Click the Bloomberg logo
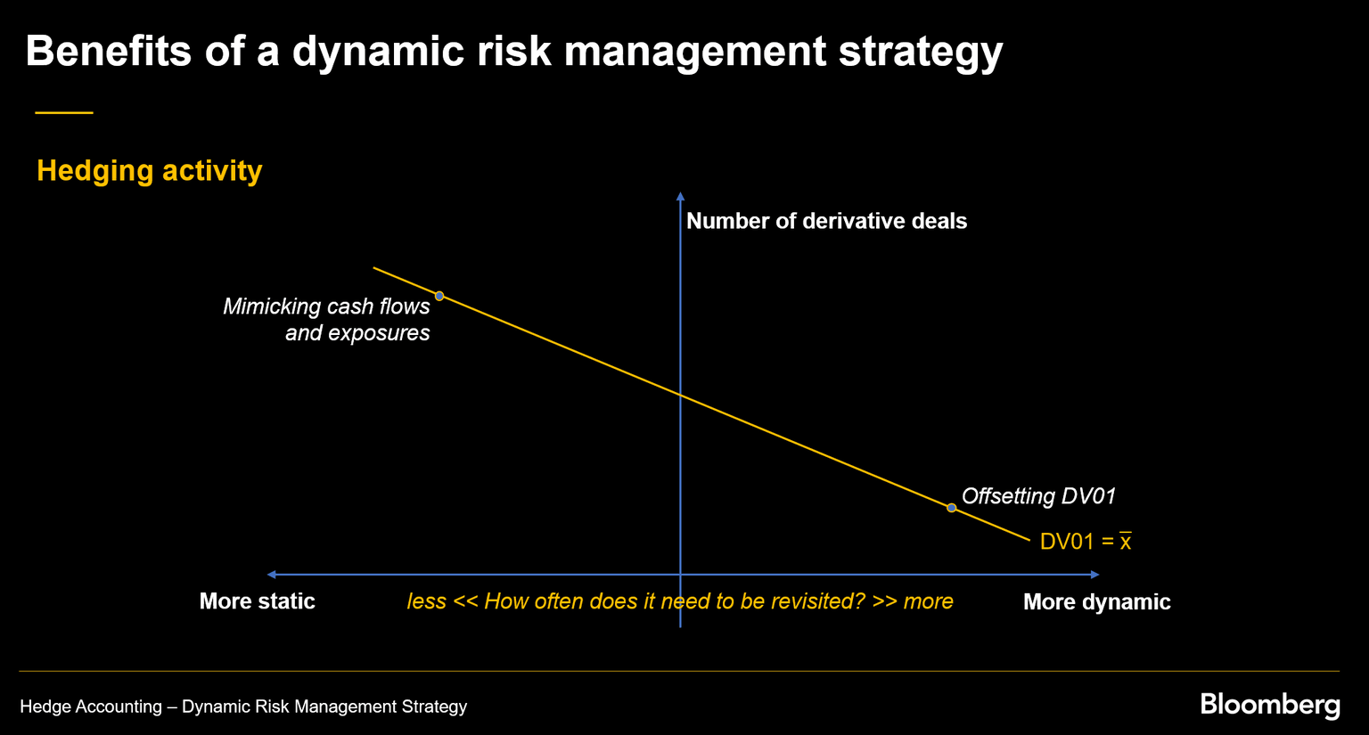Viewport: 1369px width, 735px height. [x=1269, y=705]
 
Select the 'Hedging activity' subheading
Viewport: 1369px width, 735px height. [x=150, y=170]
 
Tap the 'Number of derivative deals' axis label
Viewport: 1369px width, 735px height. [x=826, y=221]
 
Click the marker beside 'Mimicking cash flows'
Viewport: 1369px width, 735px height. [x=439, y=296]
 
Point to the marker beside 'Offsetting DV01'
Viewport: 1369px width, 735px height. [x=952, y=508]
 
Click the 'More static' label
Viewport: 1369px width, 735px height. [x=257, y=601]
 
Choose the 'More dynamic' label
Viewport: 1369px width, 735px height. [x=1096, y=602]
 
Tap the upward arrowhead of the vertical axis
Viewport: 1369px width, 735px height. [x=680, y=196]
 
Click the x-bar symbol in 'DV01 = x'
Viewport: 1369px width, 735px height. [x=1126, y=542]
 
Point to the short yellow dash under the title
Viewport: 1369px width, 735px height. [x=64, y=113]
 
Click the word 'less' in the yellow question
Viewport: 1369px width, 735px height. [x=426, y=601]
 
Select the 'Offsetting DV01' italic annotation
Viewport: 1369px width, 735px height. [x=1038, y=496]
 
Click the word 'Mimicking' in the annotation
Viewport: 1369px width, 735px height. [x=267, y=306]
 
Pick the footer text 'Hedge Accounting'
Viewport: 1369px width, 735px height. [x=91, y=706]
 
